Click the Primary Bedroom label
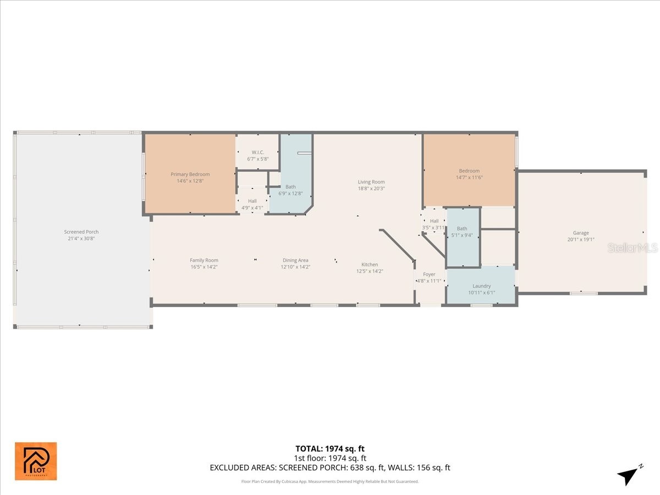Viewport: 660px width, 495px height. pos(190,174)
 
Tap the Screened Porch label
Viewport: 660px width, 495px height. pos(81,232)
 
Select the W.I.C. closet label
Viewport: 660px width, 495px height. pos(257,152)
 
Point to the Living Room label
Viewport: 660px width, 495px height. pos(371,182)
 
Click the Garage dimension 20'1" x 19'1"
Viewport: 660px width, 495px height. pos(581,240)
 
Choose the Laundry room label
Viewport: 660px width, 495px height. pos(481,286)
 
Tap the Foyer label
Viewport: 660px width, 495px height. pos(429,274)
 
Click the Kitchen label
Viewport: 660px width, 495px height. pos(370,265)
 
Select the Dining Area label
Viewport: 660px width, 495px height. pos(295,260)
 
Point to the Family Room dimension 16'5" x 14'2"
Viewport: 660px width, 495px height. pos(204,267)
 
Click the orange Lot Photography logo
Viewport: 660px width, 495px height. pos(35,461)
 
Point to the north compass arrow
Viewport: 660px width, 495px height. pos(629,475)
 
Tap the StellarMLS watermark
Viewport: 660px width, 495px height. pos(632,248)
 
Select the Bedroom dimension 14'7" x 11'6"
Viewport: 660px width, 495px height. pos(469,178)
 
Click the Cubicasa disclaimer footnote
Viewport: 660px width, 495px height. pos(330,481)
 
